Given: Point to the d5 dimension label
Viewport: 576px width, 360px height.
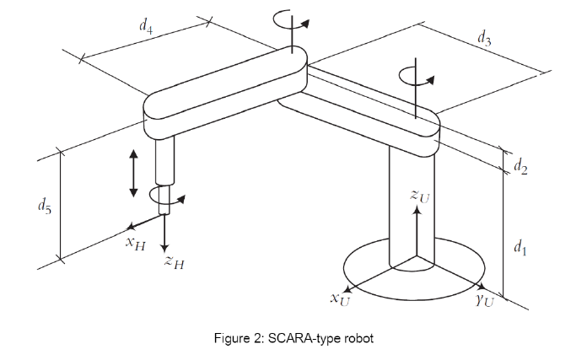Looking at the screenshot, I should click(45, 205).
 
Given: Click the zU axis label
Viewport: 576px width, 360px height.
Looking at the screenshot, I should click(419, 196).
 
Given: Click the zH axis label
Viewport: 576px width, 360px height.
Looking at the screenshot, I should click(175, 264).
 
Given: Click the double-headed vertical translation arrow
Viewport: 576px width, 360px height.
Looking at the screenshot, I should click(132, 173).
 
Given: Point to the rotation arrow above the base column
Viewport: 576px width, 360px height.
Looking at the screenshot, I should click(416, 74).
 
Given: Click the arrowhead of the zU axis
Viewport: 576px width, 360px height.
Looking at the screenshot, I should click(416, 210).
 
